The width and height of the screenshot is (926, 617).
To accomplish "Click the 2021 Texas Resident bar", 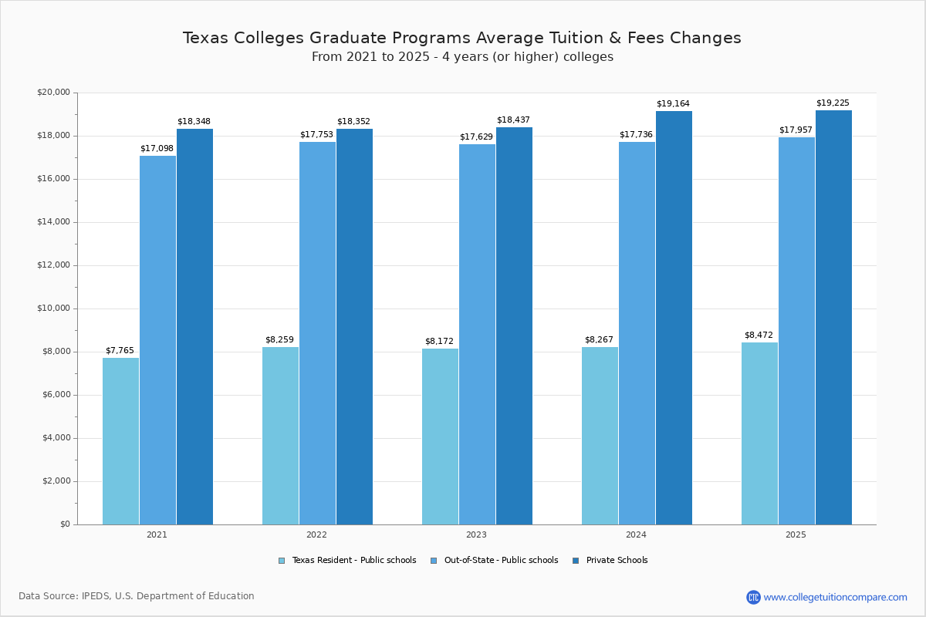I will (x=120, y=441).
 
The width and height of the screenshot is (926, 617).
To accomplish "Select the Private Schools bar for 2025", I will (x=833, y=317).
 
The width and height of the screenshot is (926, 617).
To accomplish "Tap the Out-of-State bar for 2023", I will (x=477, y=334).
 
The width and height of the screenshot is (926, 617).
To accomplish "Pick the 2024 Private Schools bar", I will (x=674, y=318).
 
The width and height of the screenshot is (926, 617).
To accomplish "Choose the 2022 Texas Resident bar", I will (x=280, y=436).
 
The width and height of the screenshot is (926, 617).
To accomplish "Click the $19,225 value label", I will (x=833, y=103).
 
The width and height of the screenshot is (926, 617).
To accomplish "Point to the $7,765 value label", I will (x=120, y=350).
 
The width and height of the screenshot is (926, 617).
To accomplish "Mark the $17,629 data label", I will (x=476, y=137).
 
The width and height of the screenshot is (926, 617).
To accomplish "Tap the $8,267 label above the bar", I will (x=599, y=339).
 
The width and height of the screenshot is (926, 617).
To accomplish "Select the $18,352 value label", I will (x=353, y=121).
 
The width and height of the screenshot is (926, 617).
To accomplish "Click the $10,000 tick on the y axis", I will (x=53, y=308).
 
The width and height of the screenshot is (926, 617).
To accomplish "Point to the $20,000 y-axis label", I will (x=53, y=93).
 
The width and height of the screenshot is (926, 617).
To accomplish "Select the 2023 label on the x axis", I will (x=476, y=534).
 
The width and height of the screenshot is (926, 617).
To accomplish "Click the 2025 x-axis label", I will (x=796, y=534).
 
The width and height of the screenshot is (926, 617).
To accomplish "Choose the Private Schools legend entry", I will (x=617, y=561).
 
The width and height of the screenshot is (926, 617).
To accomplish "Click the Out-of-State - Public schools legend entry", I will (x=501, y=561).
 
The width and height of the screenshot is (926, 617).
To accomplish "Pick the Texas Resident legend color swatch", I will (x=282, y=561).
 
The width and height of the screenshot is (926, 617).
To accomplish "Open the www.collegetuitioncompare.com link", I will (x=835, y=597).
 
